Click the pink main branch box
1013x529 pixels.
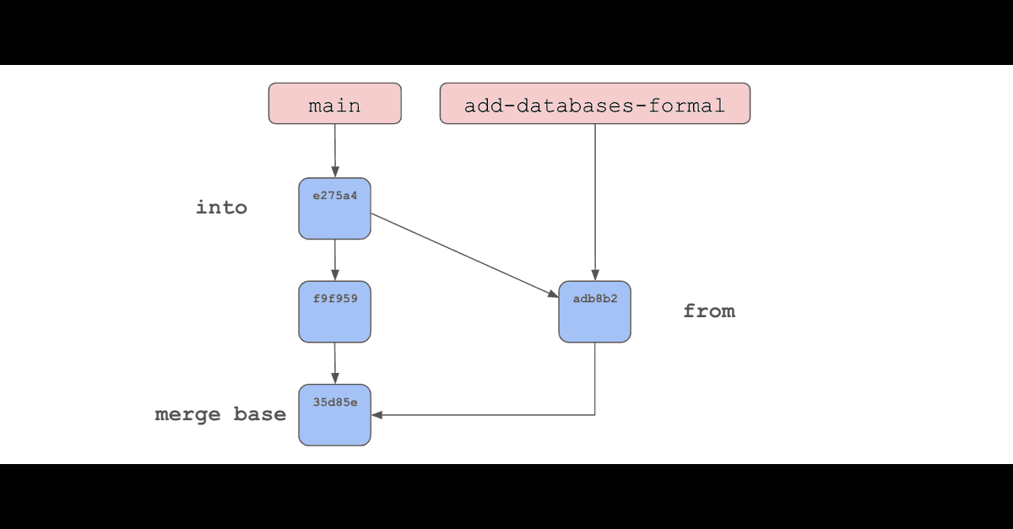[334, 103]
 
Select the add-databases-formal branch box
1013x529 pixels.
[594, 103]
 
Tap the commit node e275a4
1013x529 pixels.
[334, 208]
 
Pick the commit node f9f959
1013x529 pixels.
[334, 311]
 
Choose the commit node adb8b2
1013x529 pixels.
[594, 311]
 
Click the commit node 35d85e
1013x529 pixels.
[334, 415]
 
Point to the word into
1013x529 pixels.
[221, 208]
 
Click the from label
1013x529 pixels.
[709, 311]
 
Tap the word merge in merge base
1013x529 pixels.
[187, 415]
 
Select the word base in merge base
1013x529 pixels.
[260, 414]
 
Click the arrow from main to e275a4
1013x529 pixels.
[335, 150]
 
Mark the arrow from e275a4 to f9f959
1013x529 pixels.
[335, 260]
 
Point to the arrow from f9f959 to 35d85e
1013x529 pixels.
[335, 363]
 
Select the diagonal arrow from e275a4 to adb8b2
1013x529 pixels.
[465, 256]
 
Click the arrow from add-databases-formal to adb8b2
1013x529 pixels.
[595, 202]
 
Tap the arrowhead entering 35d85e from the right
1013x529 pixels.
[376, 415]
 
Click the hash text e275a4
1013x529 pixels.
[335, 196]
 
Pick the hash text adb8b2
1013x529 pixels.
[595, 299]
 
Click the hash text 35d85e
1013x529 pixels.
[335, 402]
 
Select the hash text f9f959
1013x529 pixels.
[335, 299]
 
